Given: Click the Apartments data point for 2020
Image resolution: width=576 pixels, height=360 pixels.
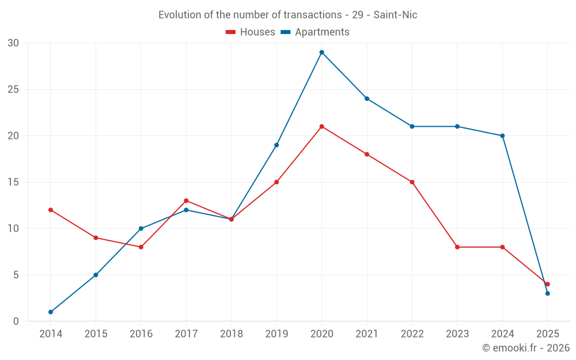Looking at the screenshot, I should [321, 52].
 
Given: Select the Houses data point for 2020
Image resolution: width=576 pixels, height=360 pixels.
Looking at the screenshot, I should [321, 127].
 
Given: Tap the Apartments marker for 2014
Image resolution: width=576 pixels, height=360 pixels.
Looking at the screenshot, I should [51, 312].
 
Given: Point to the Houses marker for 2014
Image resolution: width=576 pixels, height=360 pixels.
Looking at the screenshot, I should [51, 210].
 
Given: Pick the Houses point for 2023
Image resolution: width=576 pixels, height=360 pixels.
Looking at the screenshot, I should [457, 247].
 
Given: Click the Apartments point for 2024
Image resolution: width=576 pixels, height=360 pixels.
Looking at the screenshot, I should [502, 136].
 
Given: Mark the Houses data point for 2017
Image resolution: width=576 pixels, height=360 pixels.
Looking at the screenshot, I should [186, 201].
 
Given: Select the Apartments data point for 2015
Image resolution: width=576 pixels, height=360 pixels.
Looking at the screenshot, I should [96, 275].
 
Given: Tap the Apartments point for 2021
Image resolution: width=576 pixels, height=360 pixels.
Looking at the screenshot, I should [367, 98].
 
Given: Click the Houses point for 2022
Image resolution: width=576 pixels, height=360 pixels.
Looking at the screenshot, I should [412, 182].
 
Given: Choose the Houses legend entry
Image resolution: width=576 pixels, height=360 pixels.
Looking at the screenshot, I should [251, 32].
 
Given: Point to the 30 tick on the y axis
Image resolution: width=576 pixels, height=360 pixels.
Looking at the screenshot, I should [13, 43].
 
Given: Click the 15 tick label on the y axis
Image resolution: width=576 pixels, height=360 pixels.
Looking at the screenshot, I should [13, 182].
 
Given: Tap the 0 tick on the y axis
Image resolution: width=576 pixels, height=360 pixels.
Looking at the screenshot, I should [16, 321].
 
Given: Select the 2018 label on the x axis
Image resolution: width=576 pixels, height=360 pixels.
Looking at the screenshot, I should [231, 334].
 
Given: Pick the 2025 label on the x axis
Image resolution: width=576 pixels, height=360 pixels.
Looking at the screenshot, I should [547, 334].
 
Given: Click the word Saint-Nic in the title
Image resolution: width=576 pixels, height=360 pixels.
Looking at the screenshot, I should [395, 15].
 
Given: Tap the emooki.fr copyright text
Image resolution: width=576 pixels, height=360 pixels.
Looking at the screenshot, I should [525, 348].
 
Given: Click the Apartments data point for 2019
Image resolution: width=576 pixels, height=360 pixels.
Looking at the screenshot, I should [276, 145].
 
